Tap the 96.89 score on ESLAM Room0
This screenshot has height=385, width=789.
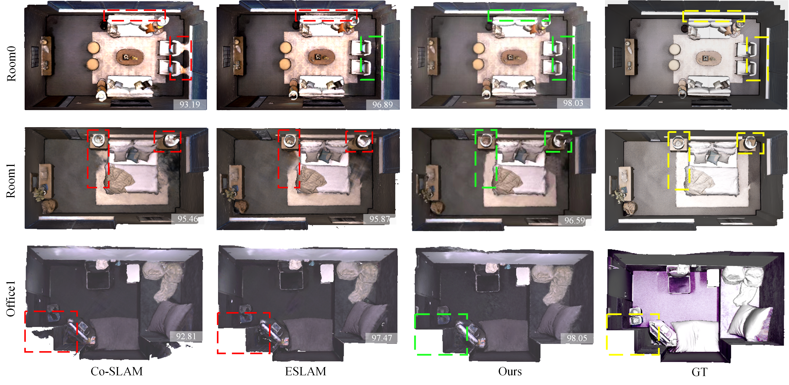382,105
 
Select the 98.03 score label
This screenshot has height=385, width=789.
573,103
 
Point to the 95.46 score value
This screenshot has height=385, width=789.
188,219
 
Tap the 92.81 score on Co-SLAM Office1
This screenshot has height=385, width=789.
186,336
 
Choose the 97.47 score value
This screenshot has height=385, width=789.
382,338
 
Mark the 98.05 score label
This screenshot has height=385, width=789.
577,338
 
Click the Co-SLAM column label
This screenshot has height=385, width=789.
117,371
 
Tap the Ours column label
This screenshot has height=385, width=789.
510,371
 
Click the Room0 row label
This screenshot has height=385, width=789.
11,64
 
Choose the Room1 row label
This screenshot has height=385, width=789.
11,181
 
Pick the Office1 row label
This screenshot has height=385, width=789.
11,299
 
